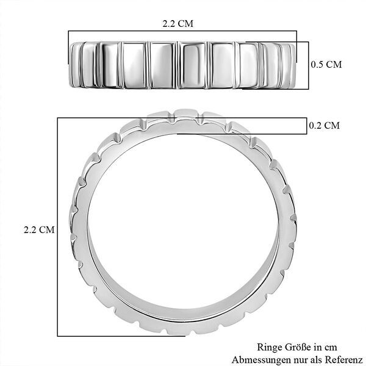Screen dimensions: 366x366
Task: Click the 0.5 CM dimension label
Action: pyautogui.click(x=326, y=65)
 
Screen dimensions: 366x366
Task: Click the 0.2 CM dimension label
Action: pyautogui.click(x=325, y=126)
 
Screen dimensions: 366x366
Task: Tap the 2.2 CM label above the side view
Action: pyautogui.click(x=178, y=24)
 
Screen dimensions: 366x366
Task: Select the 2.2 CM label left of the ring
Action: pyautogui.click(x=39, y=230)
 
